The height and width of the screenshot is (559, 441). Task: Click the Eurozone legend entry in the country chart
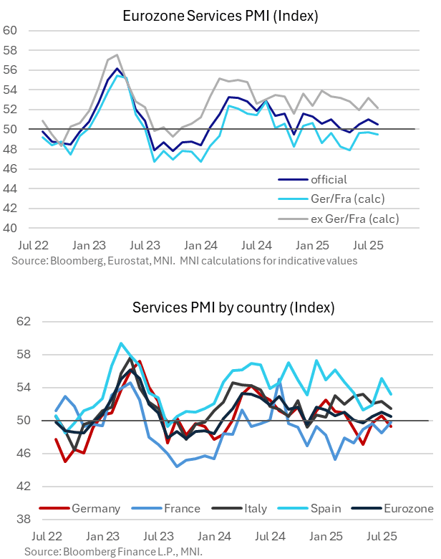click(407, 509)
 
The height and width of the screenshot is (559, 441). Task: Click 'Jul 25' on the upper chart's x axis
click(370, 244)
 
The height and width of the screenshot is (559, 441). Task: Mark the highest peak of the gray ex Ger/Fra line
click(117, 54)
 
